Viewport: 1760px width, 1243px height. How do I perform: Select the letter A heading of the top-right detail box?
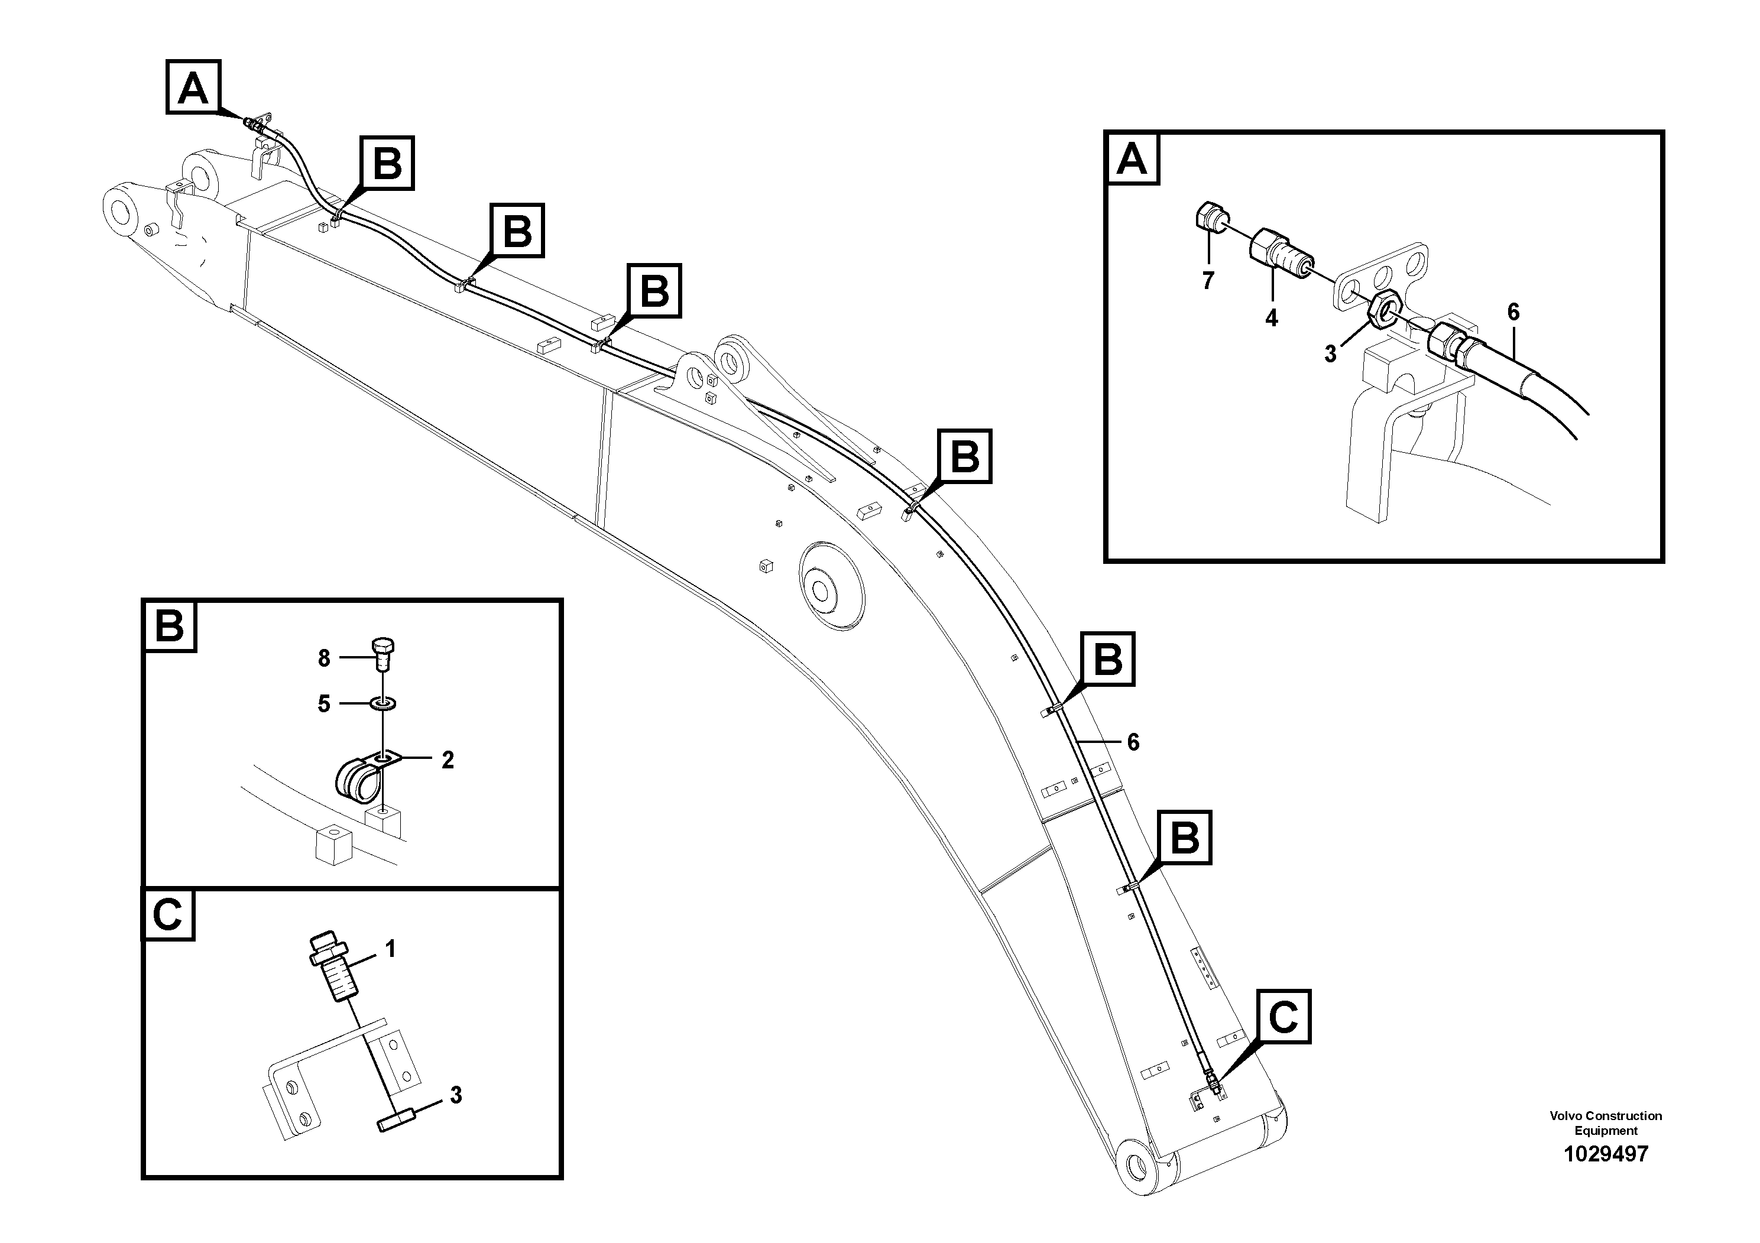tap(1132, 160)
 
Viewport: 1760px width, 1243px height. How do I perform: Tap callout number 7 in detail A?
tap(1208, 281)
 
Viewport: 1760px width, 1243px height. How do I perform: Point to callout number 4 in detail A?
tap(1271, 317)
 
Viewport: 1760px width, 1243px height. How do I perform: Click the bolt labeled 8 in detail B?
tap(383, 653)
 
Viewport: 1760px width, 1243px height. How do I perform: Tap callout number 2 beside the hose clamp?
tap(448, 760)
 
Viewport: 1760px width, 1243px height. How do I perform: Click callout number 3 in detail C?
tap(456, 1095)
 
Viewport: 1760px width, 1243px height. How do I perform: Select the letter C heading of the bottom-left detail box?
tap(168, 914)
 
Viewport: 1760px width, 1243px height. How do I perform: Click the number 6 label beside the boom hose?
tap(1133, 742)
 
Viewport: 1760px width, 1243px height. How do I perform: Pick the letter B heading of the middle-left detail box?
tap(170, 626)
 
